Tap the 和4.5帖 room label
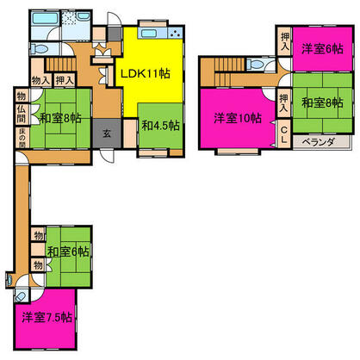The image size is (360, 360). [x=161, y=126]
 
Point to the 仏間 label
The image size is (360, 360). [x=20, y=119]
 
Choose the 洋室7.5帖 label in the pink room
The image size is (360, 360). [x=47, y=317]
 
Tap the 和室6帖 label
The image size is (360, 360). [x=68, y=251]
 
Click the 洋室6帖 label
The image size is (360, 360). [x=319, y=49]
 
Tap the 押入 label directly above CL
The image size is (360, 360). [x=284, y=103]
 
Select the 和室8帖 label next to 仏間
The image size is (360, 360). [x=58, y=118]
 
